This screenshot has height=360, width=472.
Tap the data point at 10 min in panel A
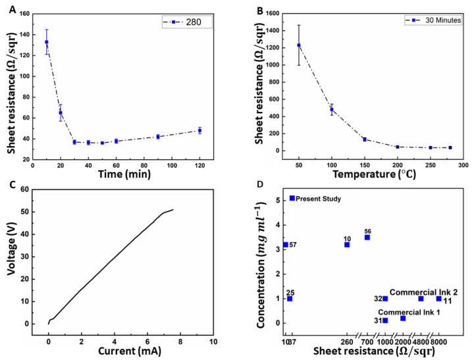47,42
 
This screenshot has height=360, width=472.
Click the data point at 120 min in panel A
199,130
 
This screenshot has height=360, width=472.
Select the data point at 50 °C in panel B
299,45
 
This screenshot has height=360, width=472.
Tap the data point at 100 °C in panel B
332,109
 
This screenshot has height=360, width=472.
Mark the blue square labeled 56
367,237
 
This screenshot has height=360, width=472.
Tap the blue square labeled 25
290,299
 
